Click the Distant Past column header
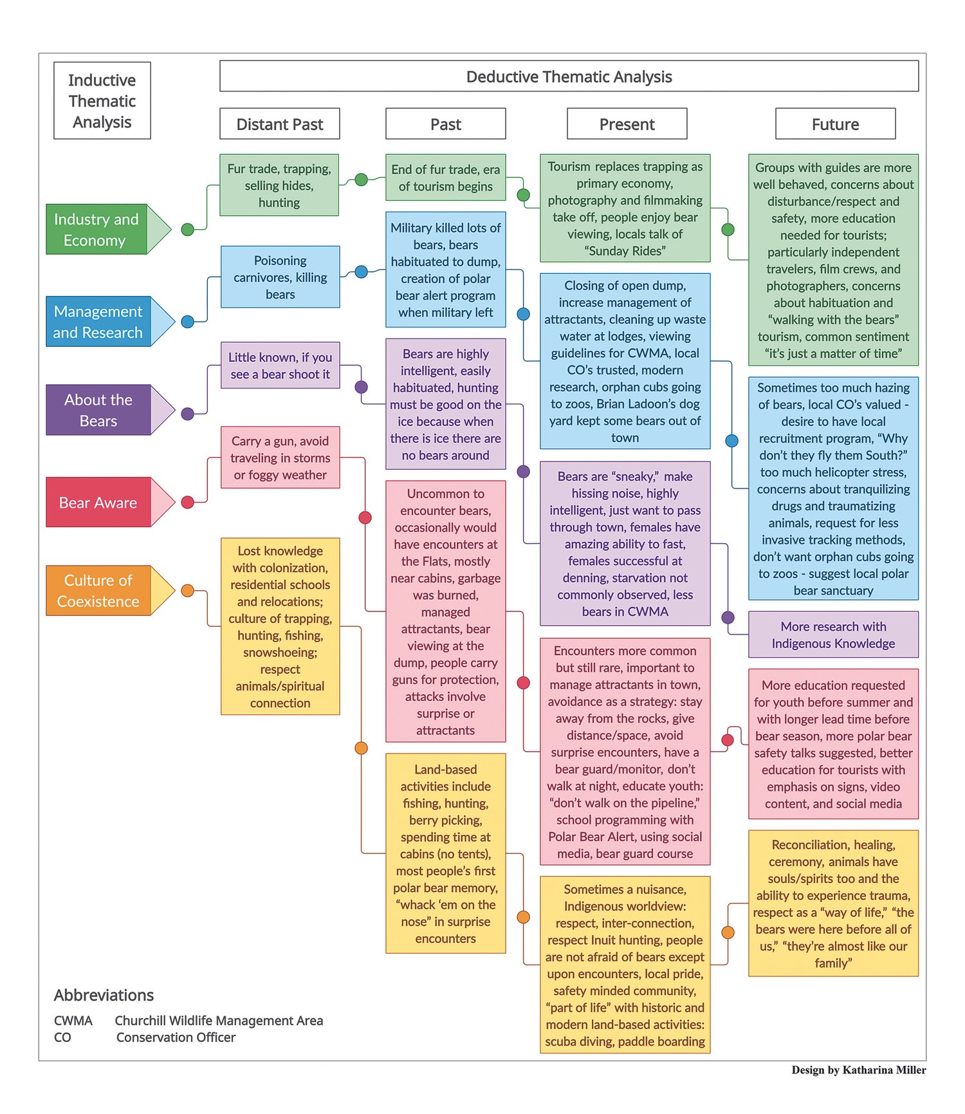point(279,124)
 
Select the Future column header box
point(835,124)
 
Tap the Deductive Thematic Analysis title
point(569,77)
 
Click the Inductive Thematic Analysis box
point(102,100)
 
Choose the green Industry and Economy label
point(97,229)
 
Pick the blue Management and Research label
point(98,321)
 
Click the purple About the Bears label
point(98,410)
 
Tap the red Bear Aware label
point(98,503)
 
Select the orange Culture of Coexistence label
point(98,590)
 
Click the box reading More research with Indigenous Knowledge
point(833,635)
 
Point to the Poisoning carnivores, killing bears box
point(280,277)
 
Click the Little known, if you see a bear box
point(280,365)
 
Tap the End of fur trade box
point(445,178)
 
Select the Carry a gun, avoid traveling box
point(280,458)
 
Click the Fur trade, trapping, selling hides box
point(279,185)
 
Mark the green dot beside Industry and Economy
point(188,229)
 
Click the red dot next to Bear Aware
point(188,503)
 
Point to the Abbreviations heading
point(104,995)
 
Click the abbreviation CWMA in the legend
point(73,1021)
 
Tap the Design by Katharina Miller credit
point(858,1070)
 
